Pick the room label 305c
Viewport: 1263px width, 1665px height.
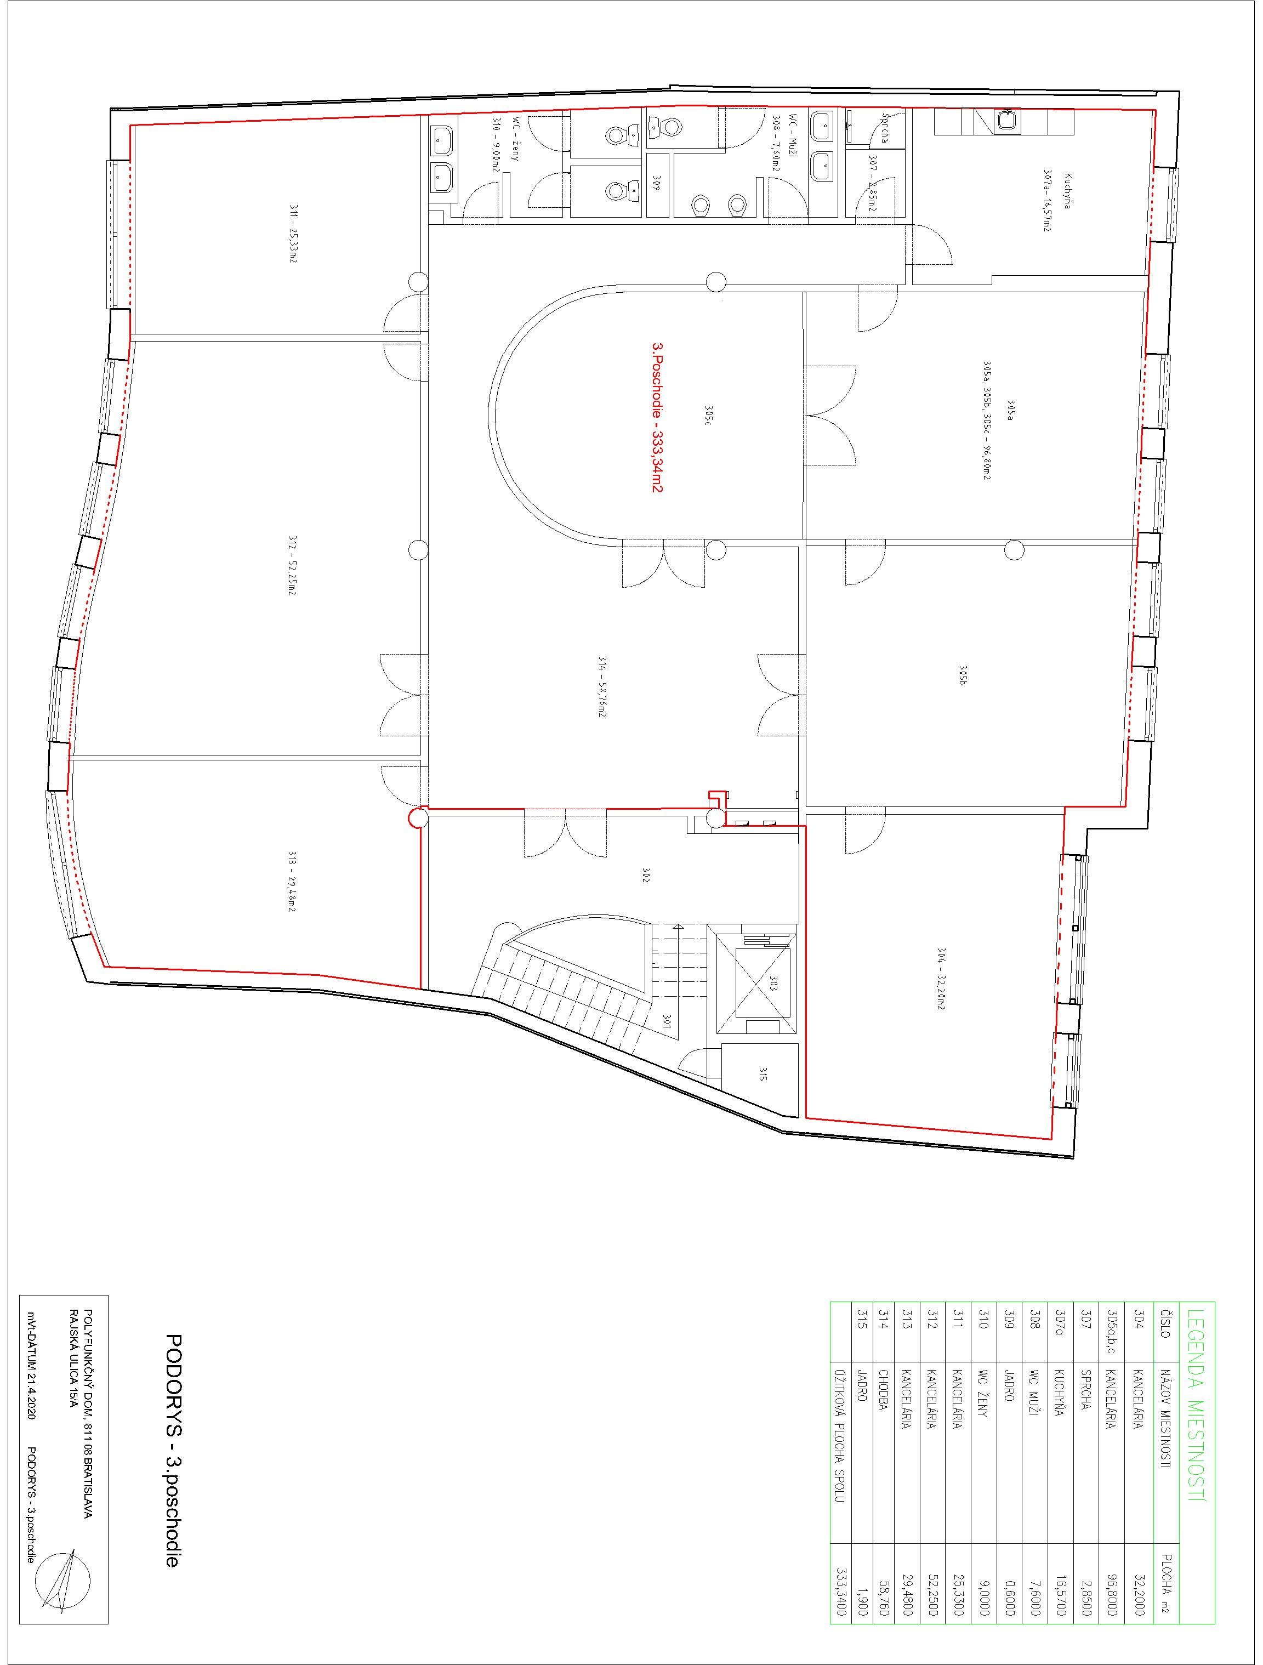708,416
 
